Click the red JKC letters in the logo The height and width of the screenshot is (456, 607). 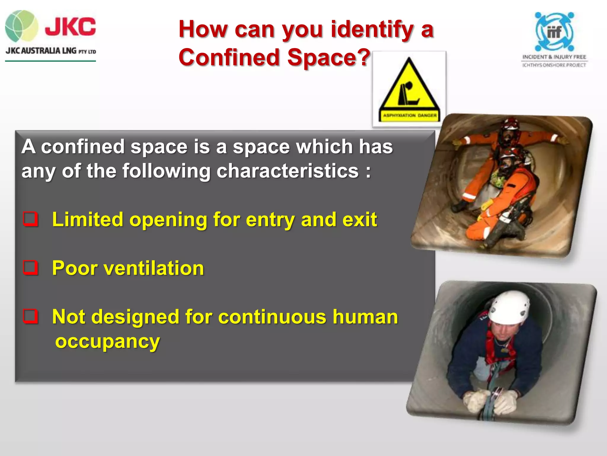[x=70, y=26]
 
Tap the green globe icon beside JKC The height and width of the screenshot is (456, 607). [x=21, y=26]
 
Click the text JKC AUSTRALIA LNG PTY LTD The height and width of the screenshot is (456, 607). [x=51, y=51]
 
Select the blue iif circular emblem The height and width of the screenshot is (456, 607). [x=554, y=31]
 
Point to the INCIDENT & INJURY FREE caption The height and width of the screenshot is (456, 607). [x=554, y=57]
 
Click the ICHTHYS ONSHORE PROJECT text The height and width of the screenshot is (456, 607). [x=554, y=65]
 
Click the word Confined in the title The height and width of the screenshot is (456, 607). [x=229, y=57]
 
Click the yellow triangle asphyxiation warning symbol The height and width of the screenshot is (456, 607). [x=409, y=86]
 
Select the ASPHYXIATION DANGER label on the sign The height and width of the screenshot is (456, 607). [x=410, y=115]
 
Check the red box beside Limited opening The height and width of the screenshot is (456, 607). [x=31, y=219]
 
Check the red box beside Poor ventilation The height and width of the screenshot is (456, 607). [x=31, y=267]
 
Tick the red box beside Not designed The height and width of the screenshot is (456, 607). [x=31, y=316]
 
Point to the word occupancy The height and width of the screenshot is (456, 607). [x=108, y=342]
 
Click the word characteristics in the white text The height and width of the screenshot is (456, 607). [x=287, y=171]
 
